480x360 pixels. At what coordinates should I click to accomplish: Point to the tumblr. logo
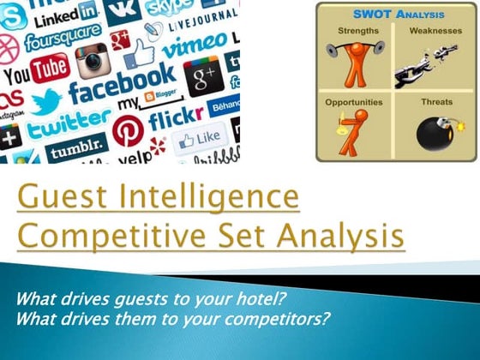coord(75,153)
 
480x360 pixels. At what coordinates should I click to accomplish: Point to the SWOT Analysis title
coord(394,15)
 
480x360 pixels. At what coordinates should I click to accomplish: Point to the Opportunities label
coord(354,101)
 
